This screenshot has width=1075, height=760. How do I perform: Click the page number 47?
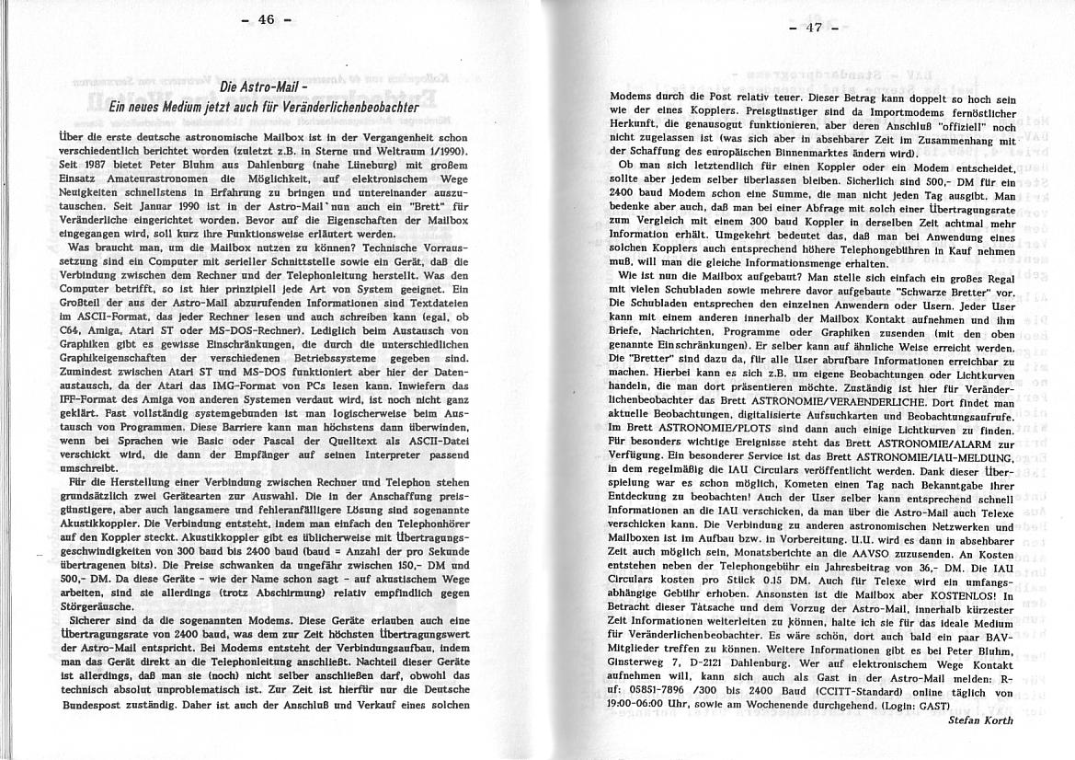[x=812, y=27]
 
